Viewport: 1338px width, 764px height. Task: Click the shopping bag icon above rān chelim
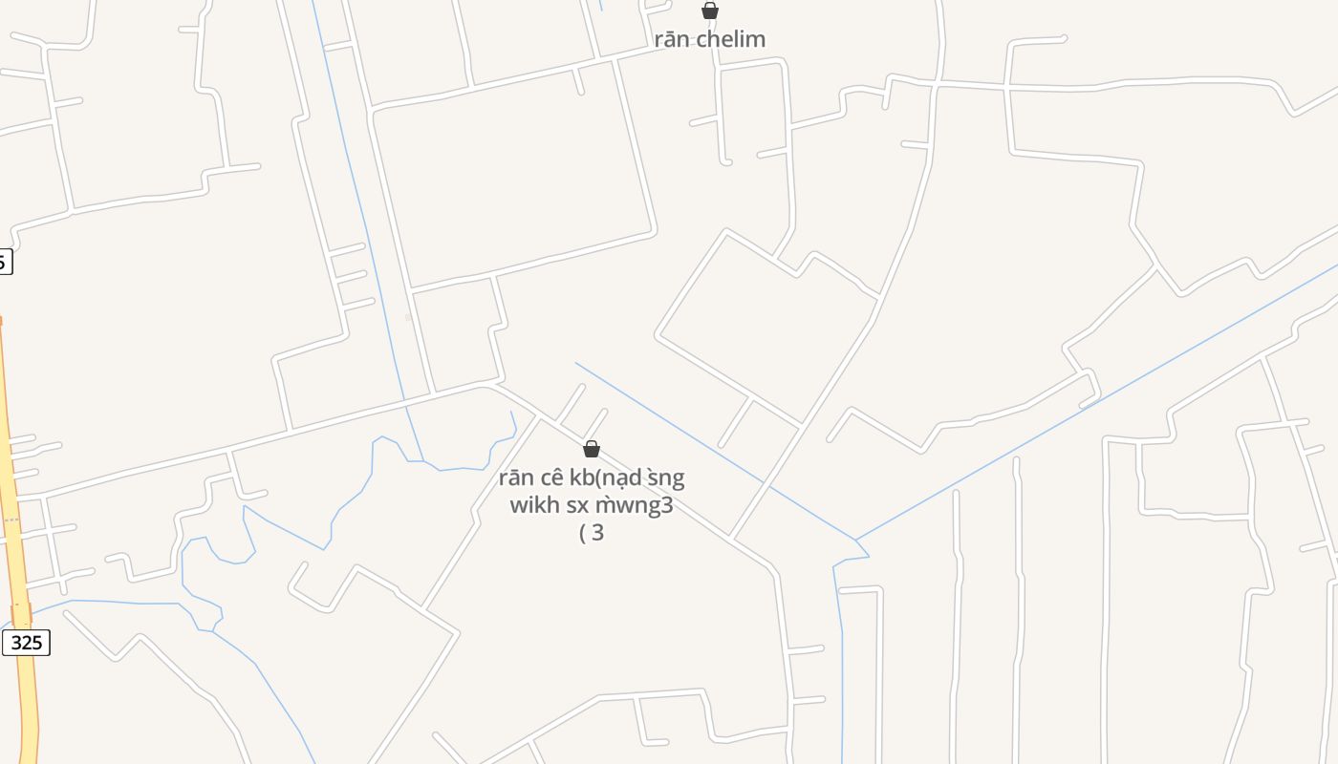pyautogui.click(x=710, y=11)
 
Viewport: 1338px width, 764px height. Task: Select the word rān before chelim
pyautogui.click(x=672, y=39)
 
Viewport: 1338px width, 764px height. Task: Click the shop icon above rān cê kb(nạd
pyautogui.click(x=592, y=449)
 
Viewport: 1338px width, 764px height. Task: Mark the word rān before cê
pyautogui.click(x=517, y=477)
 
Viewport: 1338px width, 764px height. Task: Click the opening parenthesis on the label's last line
pyautogui.click(x=583, y=533)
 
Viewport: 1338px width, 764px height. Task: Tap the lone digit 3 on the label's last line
pyautogui.click(x=598, y=533)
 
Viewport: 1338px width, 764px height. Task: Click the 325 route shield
pyautogui.click(x=26, y=643)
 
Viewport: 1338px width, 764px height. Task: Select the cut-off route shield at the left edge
pyautogui.click(x=5, y=261)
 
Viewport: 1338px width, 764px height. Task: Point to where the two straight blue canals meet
pyautogui.click(x=856, y=541)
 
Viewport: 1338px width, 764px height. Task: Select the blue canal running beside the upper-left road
pyautogui.click(x=363, y=210)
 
